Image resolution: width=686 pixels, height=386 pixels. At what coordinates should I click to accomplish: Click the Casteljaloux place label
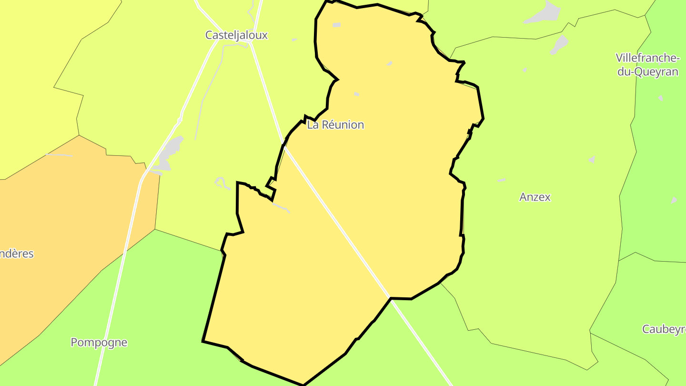click(x=236, y=35)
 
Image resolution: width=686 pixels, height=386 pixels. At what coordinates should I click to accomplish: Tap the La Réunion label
click(x=335, y=125)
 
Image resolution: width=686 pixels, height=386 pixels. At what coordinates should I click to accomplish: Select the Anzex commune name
click(x=535, y=197)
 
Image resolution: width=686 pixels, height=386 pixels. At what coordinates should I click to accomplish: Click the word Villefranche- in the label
click(x=647, y=58)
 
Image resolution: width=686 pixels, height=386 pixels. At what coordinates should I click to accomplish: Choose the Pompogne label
click(x=99, y=342)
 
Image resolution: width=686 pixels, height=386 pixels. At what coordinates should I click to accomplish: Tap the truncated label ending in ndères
click(x=17, y=254)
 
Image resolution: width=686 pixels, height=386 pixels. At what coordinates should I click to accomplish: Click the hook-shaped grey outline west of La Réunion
click(x=221, y=183)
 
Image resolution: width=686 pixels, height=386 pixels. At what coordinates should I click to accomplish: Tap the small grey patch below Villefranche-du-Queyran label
click(x=661, y=98)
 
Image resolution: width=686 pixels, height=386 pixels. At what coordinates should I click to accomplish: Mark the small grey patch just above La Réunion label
click(x=356, y=94)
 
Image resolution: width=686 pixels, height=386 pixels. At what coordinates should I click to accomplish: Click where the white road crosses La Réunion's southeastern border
click(x=390, y=298)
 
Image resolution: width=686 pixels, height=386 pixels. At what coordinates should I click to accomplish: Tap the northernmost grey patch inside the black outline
click(x=337, y=25)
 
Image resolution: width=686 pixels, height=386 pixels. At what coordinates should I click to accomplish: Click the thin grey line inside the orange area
click(x=60, y=155)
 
